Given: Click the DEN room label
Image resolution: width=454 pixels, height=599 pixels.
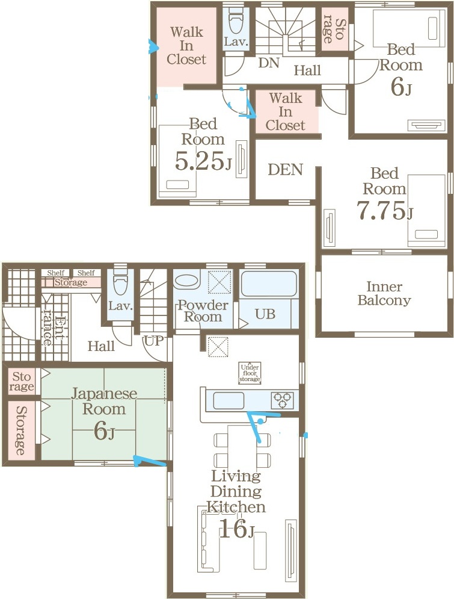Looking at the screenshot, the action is pos(285,169).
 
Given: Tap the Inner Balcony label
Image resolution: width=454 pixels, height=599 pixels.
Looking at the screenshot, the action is pos(384,293).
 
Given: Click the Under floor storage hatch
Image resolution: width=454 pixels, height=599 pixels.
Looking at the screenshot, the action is pos(250,373).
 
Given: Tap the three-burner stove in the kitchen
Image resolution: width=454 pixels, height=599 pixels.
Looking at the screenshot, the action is pos(282,400).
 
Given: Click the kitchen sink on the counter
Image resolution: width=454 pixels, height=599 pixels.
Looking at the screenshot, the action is pos(228,400).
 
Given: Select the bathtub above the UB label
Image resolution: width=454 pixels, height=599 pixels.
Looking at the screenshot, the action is pos(269,284).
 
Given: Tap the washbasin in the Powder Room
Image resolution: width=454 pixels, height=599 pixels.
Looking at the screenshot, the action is pos(186,280).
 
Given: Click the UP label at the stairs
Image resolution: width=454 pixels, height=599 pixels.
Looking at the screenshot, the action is pos(154,340).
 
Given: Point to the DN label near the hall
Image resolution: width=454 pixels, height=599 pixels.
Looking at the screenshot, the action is pos(269,63).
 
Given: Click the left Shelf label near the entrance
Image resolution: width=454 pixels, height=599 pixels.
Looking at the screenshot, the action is pos(56,273).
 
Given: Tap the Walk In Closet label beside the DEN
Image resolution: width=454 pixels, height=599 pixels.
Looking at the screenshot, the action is pos(286,111).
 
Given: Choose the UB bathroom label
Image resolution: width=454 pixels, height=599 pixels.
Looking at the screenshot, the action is pos(265,314).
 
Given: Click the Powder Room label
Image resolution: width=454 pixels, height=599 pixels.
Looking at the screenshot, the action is pos(203,311).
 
